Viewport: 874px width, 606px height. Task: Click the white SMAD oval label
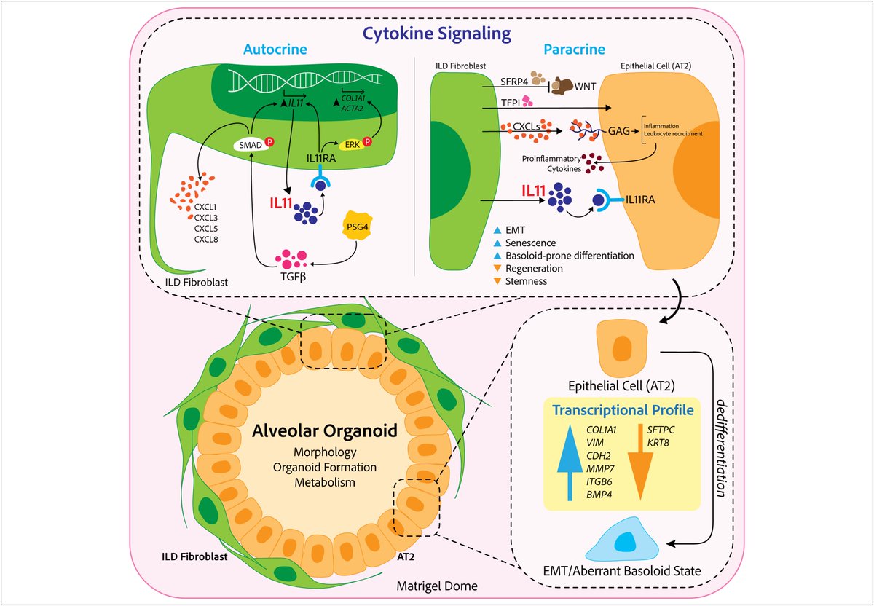click(x=251, y=145)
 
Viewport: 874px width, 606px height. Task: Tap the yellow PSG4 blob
click(x=357, y=226)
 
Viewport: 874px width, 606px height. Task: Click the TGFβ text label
click(x=293, y=277)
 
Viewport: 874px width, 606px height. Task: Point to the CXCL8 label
click(x=206, y=239)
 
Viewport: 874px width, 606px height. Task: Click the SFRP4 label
click(x=514, y=82)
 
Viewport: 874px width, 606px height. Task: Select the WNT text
click(x=585, y=86)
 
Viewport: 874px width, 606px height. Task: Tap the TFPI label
click(x=511, y=103)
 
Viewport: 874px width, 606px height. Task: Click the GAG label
click(x=619, y=131)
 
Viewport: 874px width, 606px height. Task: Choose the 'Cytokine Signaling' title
click(x=437, y=34)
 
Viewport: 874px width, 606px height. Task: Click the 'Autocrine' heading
click(x=275, y=50)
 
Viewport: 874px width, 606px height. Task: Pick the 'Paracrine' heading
click(x=575, y=50)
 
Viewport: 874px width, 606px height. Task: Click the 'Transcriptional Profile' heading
click(x=623, y=410)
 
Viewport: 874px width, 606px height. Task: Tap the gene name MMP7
click(x=600, y=468)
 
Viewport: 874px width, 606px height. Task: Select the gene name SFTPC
click(x=661, y=430)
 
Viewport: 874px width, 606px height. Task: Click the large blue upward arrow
click(x=570, y=463)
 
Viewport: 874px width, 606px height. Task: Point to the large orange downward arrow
click(x=640, y=463)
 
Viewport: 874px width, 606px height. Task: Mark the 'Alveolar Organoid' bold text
click(x=325, y=430)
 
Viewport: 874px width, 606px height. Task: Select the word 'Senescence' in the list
click(x=531, y=243)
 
